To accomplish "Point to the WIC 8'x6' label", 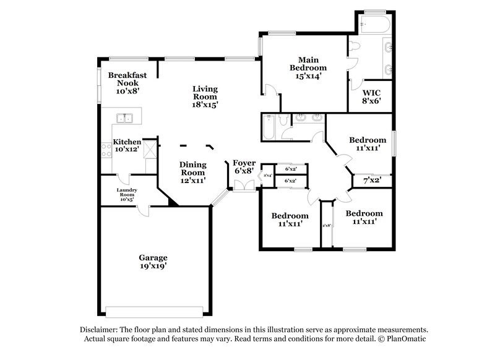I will (x=371, y=96).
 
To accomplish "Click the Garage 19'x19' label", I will (x=152, y=261).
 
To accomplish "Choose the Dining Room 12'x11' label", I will (x=192, y=172).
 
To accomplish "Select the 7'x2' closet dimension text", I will (x=372, y=180).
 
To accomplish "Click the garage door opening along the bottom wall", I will (x=155, y=311).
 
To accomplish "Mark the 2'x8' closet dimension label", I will (x=327, y=226).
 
